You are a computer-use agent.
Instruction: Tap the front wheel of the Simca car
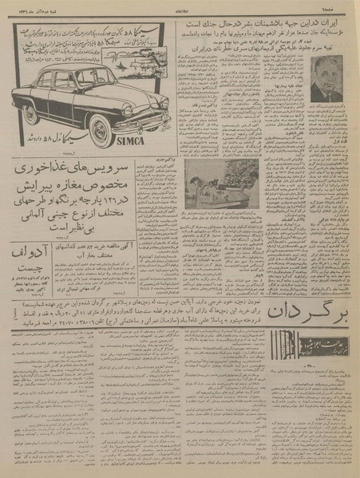[101, 131]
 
